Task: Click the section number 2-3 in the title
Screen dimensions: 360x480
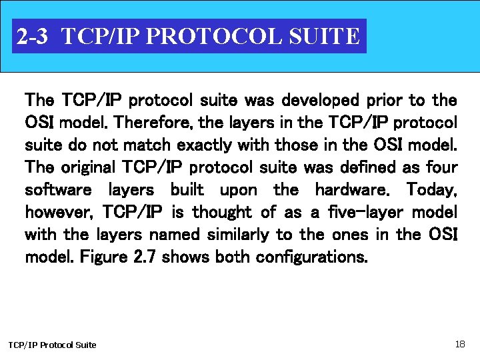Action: pyautogui.click(x=32, y=36)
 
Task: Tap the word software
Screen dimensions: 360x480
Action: pyautogui.click(x=58, y=190)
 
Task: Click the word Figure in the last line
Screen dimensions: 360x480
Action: pyautogui.click(x=102, y=257)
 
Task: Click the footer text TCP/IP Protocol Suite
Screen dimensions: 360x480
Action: pyautogui.click(x=52, y=345)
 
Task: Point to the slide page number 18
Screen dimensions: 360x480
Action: pyautogui.click(x=460, y=344)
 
